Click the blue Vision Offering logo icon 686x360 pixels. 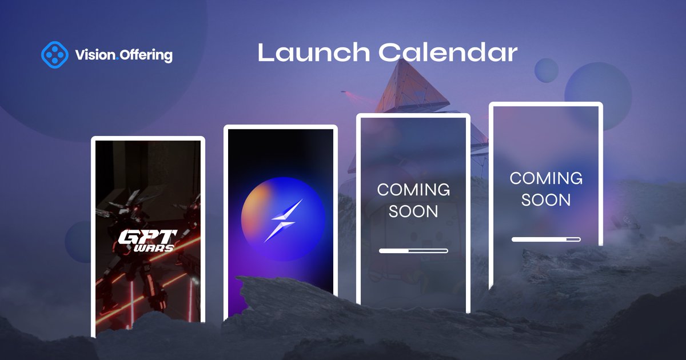click(x=55, y=55)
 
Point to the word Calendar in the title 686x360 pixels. click(x=448, y=53)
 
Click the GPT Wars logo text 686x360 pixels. click(x=147, y=241)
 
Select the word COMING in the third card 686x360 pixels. click(x=413, y=189)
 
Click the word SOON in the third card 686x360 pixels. click(x=413, y=211)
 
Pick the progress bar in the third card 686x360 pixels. click(x=413, y=250)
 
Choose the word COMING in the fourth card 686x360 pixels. click(x=546, y=178)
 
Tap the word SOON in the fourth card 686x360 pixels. click(x=546, y=200)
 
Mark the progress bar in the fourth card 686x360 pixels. click(x=546, y=239)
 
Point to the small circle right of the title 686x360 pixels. click(x=546, y=69)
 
